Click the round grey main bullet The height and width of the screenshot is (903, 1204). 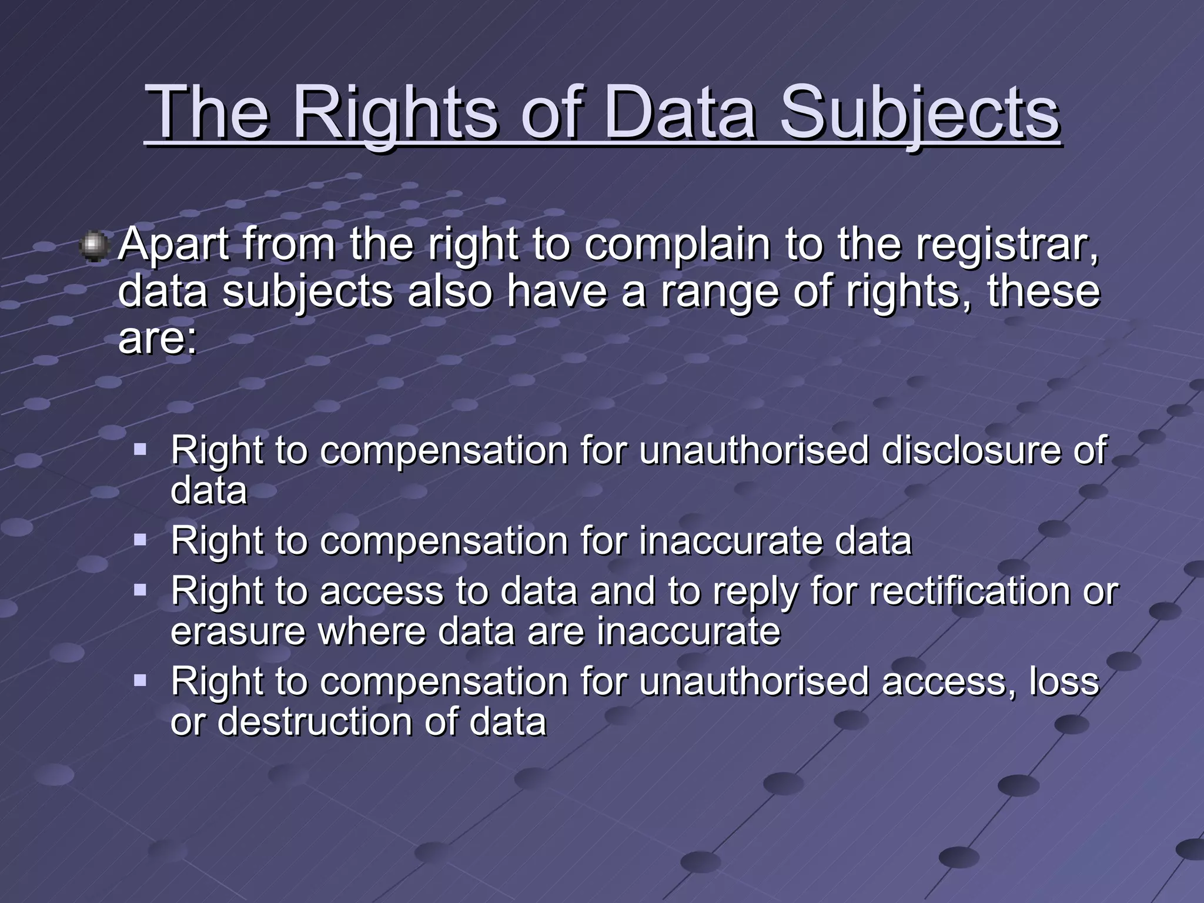pyautogui.click(x=94, y=246)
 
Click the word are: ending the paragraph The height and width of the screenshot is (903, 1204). pyautogui.click(x=158, y=339)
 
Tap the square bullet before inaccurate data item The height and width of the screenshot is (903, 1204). pyautogui.click(x=140, y=540)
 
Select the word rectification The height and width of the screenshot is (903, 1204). pyautogui.click(x=969, y=591)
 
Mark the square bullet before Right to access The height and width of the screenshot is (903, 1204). pyautogui.click(x=140, y=590)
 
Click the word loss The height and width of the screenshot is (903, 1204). pyautogui.click(x=1063, y=682)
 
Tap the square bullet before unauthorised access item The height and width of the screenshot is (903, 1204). pyautogui.click(x=140, y=681)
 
